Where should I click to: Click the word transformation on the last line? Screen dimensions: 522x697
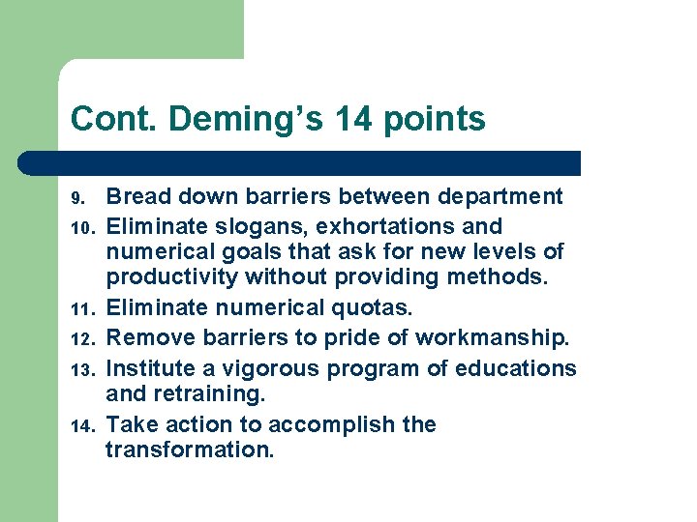190,449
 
